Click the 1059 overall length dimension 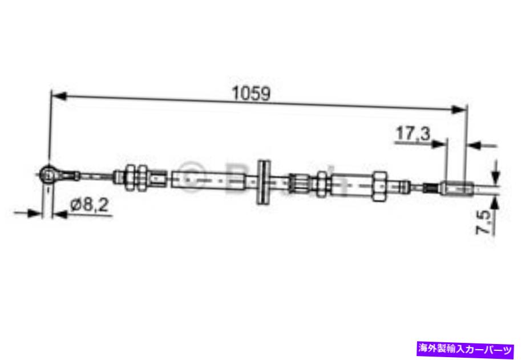[250, 93]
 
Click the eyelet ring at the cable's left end [49, 172]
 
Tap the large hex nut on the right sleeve [379, 184]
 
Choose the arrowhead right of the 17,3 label [439, 144]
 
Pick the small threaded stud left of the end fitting [431, 187]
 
